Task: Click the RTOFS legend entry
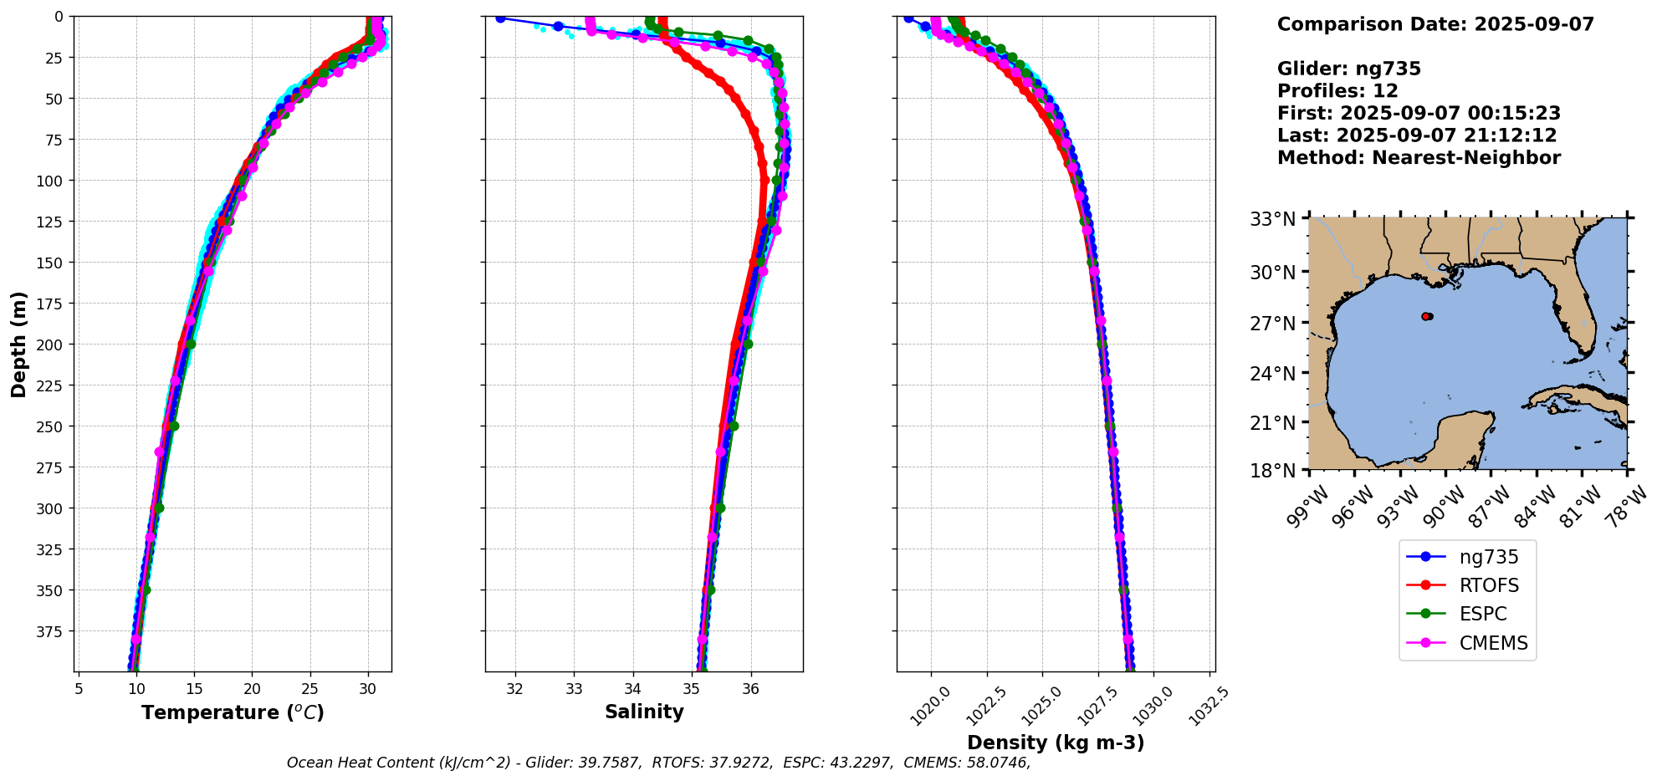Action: pos(1489,585)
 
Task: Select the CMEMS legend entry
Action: pos(1493,643)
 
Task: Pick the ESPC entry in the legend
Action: pos(1482,614)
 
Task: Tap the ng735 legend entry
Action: pos(1489,557)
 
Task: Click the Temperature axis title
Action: pos(233,712)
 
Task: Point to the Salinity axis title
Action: pos(644,712)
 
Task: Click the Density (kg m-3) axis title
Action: pos(1056,743)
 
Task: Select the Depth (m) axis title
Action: pos(19,344)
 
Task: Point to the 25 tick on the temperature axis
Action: pos(309,689)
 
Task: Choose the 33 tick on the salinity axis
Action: pos(574,689)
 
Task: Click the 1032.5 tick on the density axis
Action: pos(1209,706)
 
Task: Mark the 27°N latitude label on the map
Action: pos(1272,324)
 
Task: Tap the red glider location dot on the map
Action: pos(1426,316)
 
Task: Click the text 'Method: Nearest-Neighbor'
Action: pos(1419,158)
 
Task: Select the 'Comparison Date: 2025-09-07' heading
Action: pos(1435,24)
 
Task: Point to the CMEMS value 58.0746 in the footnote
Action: pos(1000,763)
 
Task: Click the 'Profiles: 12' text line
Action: pos(1337,91)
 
